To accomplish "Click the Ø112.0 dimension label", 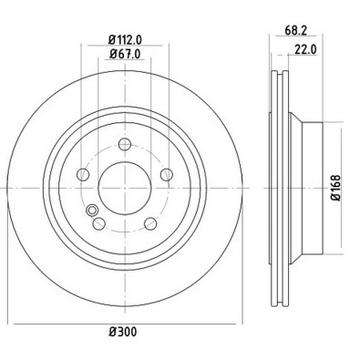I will coord(125,39).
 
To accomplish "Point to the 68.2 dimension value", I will coord(294,30).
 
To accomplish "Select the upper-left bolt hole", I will coord(83,175).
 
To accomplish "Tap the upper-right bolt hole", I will coord(166,175).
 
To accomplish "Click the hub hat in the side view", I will coord(305,189).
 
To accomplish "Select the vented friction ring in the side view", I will coord(280,189).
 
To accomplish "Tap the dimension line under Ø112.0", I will coord(125,47).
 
